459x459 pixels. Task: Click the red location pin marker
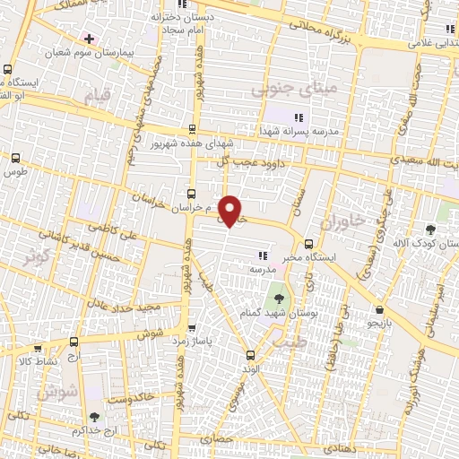click(230, 212)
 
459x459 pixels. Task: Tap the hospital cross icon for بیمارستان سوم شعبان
click(87, 39)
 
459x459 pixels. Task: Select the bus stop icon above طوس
click(14, 157)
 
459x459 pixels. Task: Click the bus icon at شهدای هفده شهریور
click(191, 129)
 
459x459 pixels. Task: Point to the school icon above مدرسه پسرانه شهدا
click(299, 117)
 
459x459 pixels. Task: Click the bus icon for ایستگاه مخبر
click(308, 243)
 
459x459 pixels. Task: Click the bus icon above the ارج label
click(74, 341)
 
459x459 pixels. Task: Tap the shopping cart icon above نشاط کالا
click(37, 348)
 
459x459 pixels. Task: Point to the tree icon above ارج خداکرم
click(94, 416)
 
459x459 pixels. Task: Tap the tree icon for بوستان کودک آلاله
click(430, 229)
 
